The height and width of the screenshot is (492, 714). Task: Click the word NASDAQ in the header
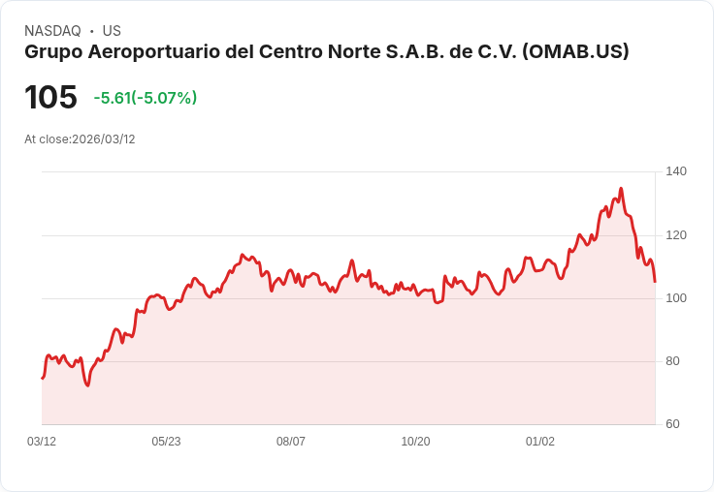(52, 31)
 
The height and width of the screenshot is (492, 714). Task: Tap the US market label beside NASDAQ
(112, 31)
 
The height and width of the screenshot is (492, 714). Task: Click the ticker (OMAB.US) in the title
(575, 51)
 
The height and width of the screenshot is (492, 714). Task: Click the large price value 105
(50, 97)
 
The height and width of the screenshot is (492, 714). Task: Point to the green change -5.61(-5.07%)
(146, 98)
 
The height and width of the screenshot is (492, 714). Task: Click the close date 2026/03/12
(104, 139)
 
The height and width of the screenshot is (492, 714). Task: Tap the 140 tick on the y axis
(676, 171)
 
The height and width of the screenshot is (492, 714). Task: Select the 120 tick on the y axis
(676, 235)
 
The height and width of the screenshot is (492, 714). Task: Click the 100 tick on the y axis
(676, 298)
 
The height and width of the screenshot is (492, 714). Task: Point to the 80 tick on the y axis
(672, 361)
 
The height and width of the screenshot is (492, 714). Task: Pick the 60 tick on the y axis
(672, 424)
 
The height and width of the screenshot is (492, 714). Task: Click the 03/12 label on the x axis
(42, 442)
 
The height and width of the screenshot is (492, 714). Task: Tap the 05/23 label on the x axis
(166, 442)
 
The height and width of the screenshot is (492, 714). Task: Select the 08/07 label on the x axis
(291, 442)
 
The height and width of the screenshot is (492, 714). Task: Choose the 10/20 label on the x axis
(415, 442)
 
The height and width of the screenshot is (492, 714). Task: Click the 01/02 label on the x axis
(540, 442)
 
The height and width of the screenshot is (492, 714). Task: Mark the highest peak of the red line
(621, 189)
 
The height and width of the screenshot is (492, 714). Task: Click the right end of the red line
(655, 282)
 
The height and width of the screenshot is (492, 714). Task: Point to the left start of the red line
(42, 378)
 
